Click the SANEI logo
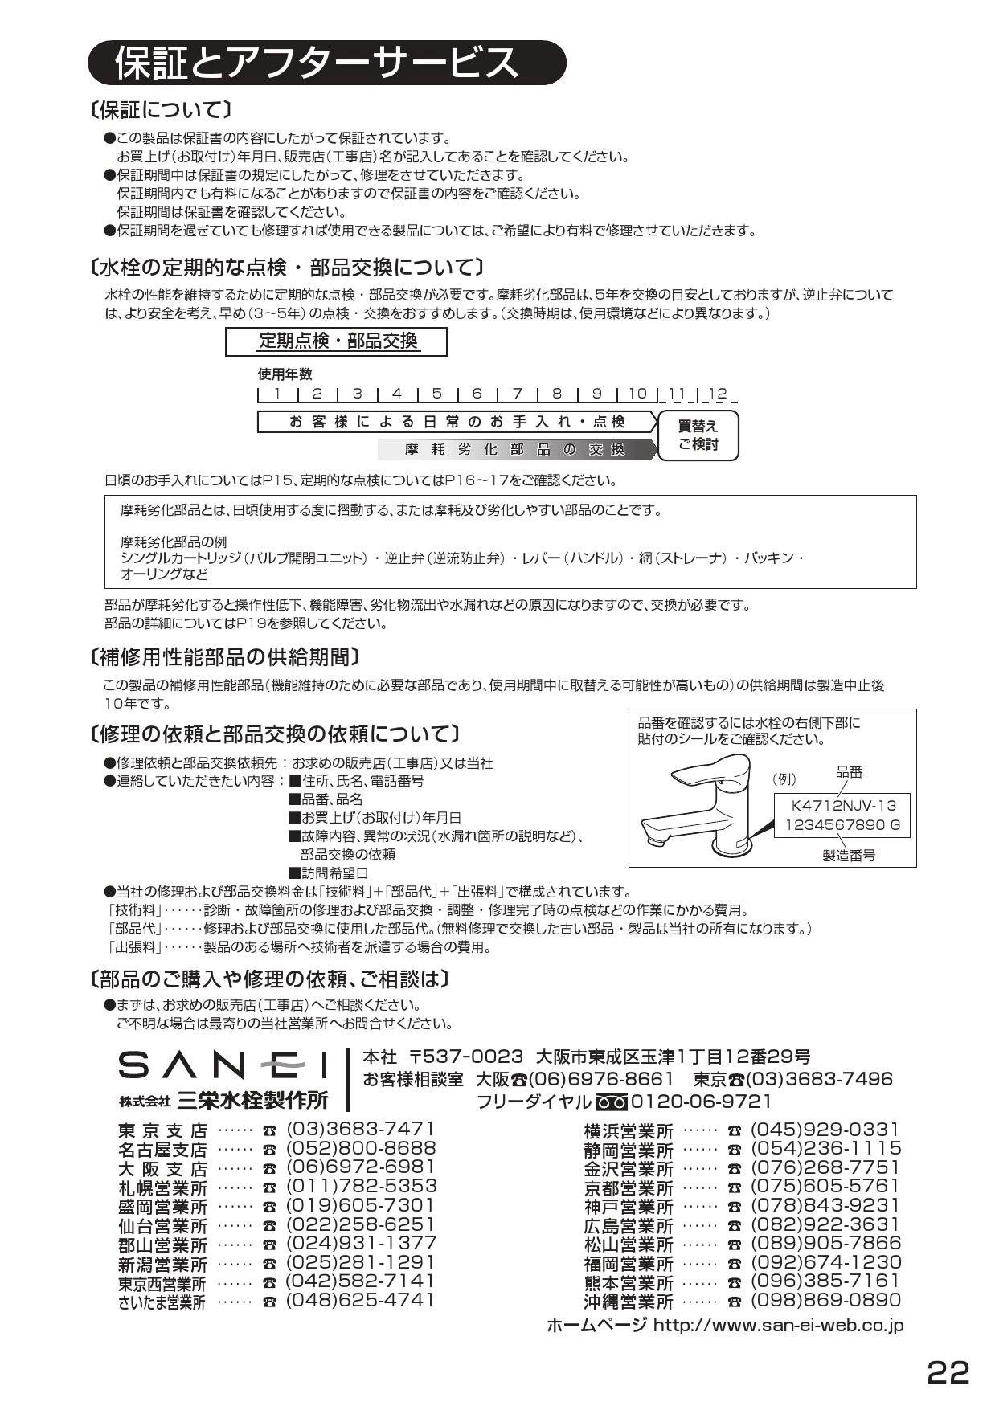click(x=223, y=1066)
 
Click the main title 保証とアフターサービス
click(x=317, y=63)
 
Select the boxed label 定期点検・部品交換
click(x=337, y=341)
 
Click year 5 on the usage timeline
click(x=437, y=394)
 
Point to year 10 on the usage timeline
click(x=637, y=394)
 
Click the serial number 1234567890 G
click(x=842, y=825)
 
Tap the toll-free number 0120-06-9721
click(x=701, y=1102)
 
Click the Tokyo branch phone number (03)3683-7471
click(x=360, y=1129)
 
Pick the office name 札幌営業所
click(x=162, y=1187)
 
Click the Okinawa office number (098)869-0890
click(x=826, y=1300)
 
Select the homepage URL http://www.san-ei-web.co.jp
click(x=778, y=1325)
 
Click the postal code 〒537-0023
click(x=466, y=1056)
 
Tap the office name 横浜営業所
click(x=629, y=1131)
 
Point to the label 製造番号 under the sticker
click(x=849, y=856)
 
